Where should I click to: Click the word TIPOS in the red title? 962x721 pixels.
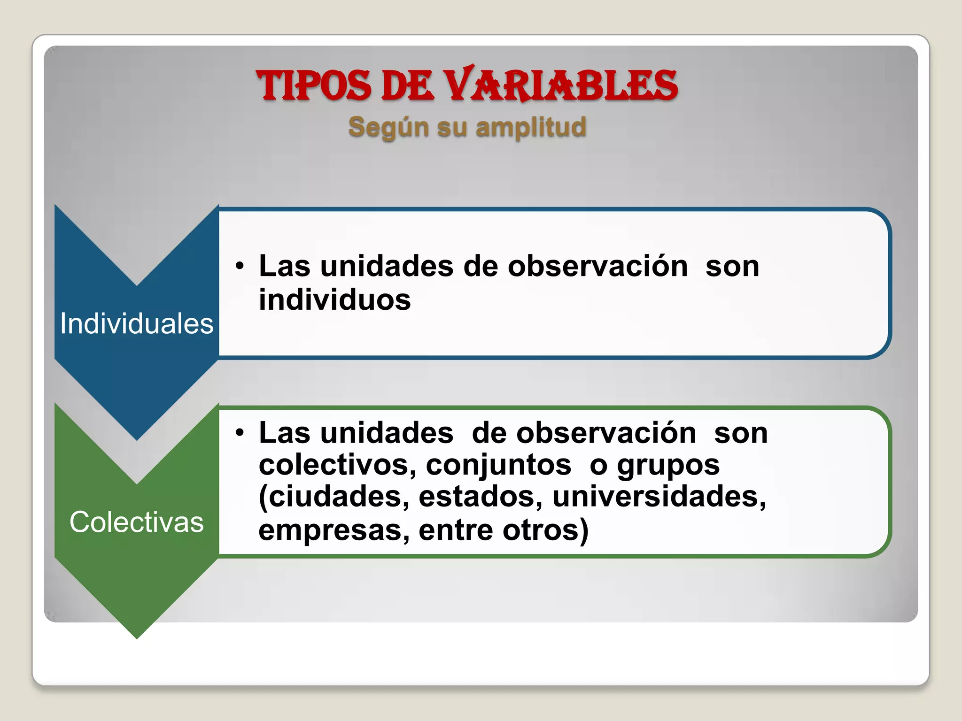coord(314,86)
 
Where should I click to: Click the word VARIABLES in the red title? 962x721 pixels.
coord(561,86)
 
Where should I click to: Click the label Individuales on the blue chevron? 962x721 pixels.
coord(137,324)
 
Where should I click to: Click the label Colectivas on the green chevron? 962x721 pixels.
coord(137,522)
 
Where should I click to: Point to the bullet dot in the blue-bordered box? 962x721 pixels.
coord(240,266)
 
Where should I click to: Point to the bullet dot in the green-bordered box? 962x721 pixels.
coord(240,433)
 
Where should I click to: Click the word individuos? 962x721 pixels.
coord(335,300)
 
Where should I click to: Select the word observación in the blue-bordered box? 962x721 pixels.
coord(597,266)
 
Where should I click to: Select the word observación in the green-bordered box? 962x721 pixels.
coord(606,433)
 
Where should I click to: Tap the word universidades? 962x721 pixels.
coord(659,497)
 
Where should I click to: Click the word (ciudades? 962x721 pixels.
coord(334,497)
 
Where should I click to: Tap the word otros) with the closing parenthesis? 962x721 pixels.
coord(545,530)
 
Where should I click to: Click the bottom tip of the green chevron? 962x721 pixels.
coord(137,637)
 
